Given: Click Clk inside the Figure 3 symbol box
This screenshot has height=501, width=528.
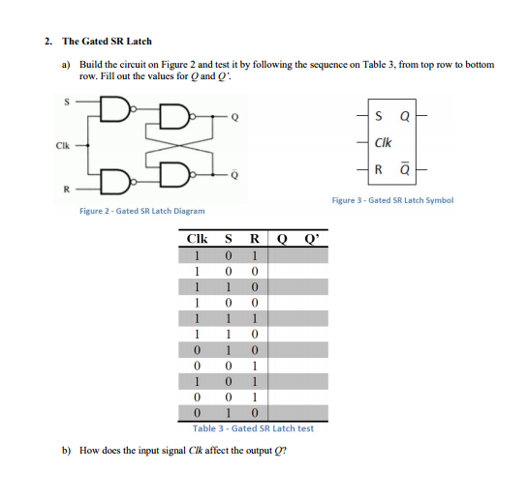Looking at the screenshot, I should coord(383,144).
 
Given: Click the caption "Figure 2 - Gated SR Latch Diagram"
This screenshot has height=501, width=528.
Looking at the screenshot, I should coord(141,210).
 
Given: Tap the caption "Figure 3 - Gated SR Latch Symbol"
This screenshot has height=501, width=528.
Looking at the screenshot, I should coord(391,200).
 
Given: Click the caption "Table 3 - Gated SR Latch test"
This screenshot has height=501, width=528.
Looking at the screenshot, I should coord(253,428).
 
